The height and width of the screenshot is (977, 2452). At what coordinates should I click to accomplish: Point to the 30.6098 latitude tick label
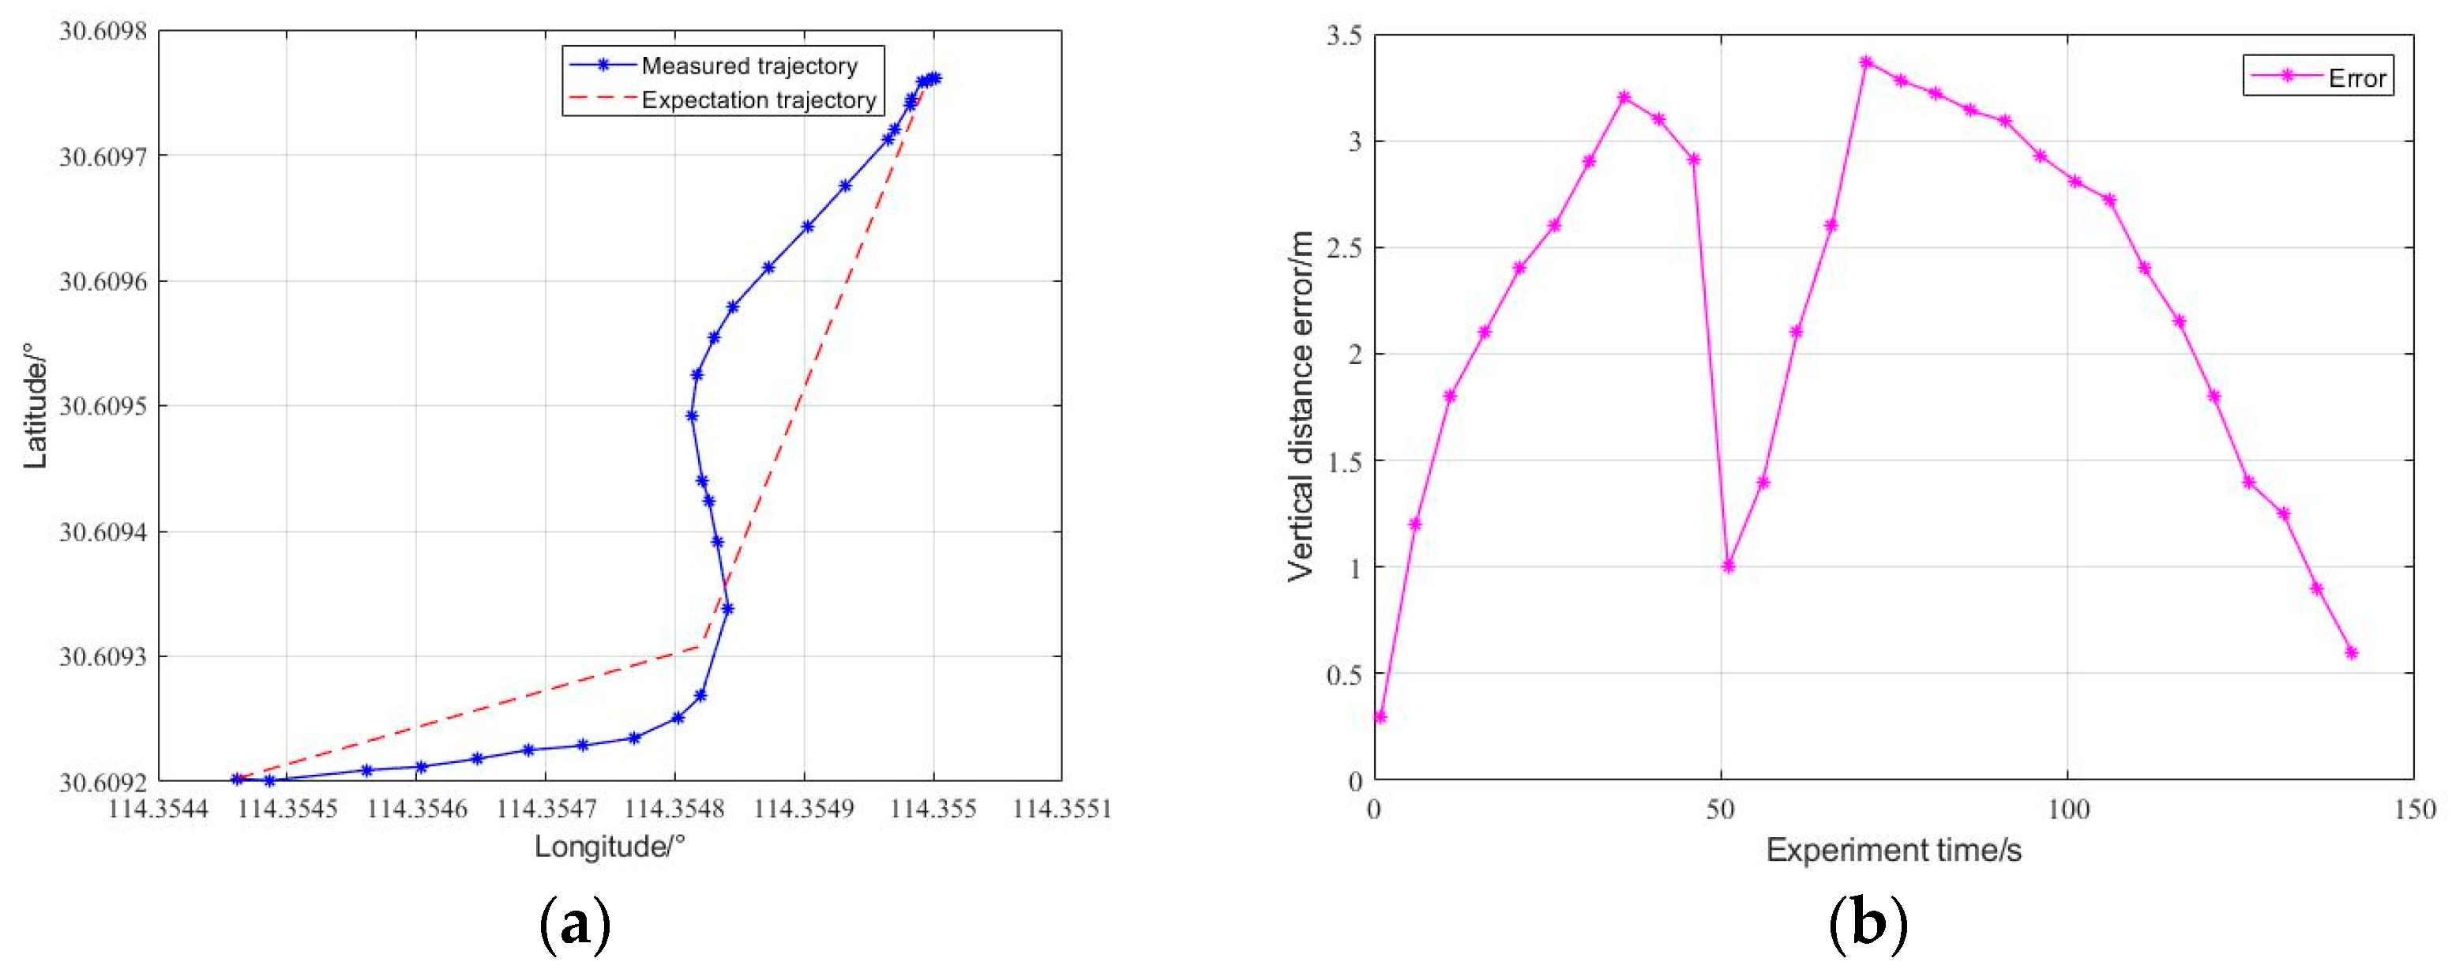pos(103,32)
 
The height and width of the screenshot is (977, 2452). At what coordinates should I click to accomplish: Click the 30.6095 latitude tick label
pos(103,407)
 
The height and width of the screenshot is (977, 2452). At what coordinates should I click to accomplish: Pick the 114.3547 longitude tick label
pos(546,810)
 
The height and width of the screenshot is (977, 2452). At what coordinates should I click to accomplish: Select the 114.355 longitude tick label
pos(933,810)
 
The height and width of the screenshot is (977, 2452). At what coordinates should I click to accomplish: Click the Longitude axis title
pos(609,846)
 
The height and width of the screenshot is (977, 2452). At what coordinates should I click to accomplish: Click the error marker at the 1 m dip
pos(1728,566)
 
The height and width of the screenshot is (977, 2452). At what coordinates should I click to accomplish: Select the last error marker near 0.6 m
pos(2351,653)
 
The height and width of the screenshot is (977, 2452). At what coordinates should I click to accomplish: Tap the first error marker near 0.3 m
pos(1380,717)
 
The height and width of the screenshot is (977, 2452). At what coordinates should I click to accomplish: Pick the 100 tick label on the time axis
pos(2067,810)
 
